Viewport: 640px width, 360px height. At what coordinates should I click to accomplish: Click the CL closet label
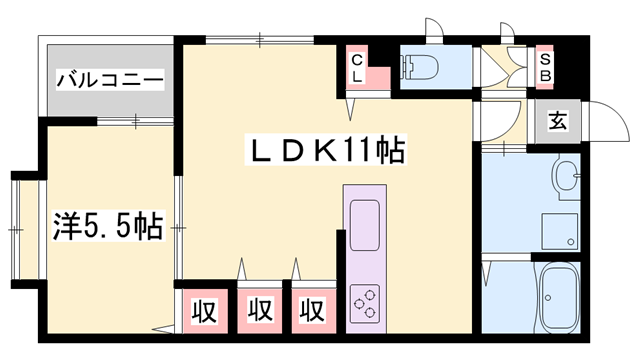[x=357, y=67]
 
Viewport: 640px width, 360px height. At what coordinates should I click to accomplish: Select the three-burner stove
[x=364, y=301]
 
